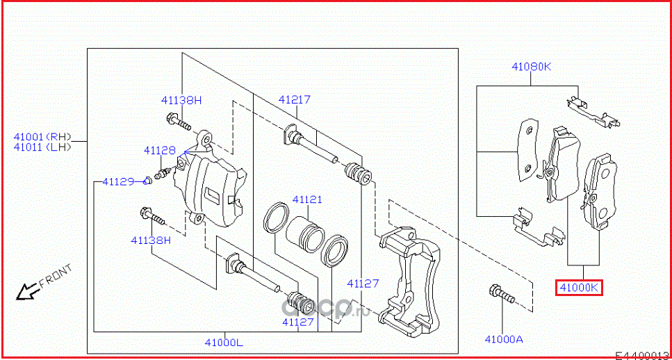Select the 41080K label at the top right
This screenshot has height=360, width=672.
pos(531,67)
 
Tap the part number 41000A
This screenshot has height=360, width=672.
pos(503,339)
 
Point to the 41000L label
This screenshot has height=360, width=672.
pos(224,342)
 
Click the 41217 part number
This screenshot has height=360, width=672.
pos(294,99)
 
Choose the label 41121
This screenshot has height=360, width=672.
pos(306,199)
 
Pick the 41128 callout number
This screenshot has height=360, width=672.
pos(160,150)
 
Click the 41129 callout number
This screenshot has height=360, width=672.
pos(117,181)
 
